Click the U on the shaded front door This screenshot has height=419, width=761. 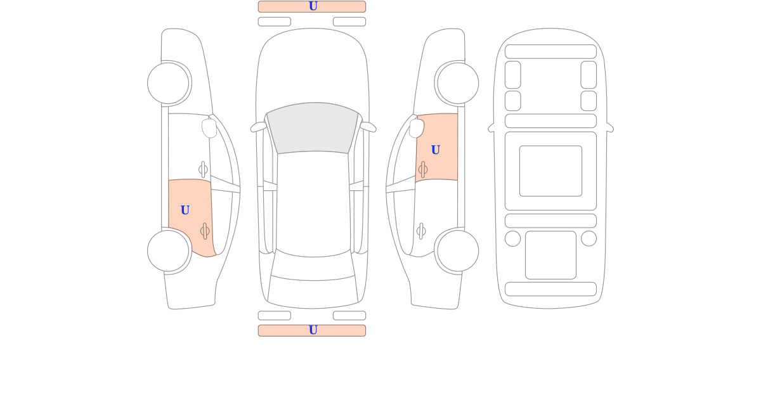[x=435, y=150]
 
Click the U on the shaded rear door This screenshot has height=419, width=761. [x=185, y=210]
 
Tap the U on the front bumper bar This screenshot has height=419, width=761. [x=313, y=6]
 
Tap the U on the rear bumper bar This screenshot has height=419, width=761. [x=313, y=330]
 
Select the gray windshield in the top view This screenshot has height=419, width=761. [x=313, y=127]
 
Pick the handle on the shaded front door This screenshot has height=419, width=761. [x=422, y=169]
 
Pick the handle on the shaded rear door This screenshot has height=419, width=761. [x=205, y=231]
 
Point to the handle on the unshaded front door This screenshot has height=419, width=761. [x=203, y=169]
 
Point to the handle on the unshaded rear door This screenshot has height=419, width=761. [x=421, y=231]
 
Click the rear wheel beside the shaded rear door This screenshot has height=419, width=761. [x=168, y=251]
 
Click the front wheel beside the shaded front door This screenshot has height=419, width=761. [x=458, y=83]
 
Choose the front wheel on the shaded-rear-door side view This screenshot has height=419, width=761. [x=168, y=83]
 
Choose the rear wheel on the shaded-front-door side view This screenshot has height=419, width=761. [x=458, y=251]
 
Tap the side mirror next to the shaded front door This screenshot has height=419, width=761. [x=417, y=128]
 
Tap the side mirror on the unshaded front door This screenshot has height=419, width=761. [x=209, y=128]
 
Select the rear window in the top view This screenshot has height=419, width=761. [x=313, y=266]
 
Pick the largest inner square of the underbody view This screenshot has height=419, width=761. [x=550, y=171]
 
